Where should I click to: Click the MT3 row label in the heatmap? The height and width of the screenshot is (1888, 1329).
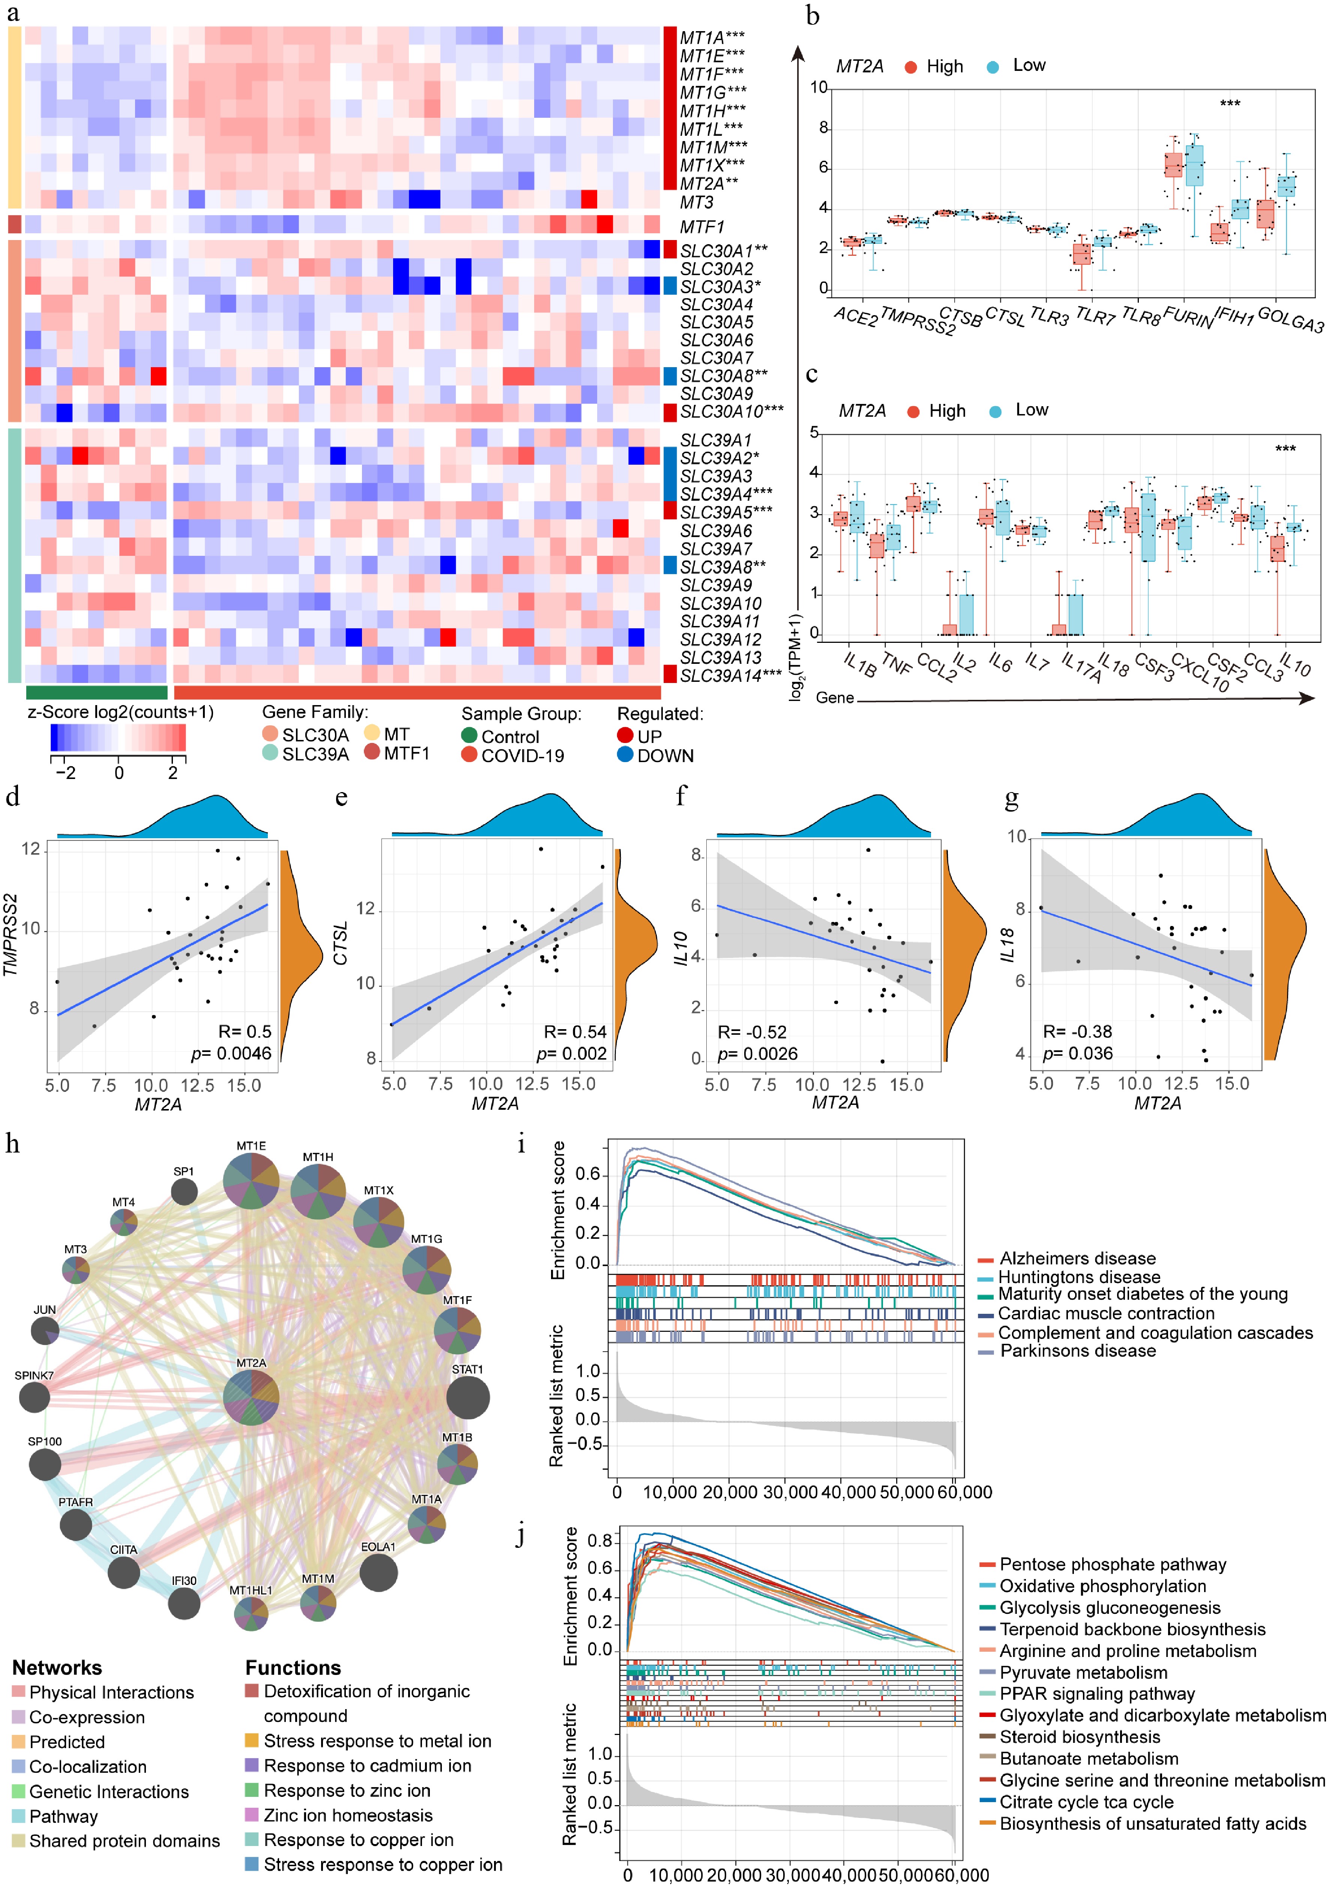(x=696, y=202)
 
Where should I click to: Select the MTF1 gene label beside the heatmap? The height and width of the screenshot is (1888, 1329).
(x=701, y=227)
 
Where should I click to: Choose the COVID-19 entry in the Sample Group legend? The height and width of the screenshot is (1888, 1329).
(x=522, y=756)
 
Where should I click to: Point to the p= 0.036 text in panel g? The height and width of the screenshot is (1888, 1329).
(x=1077, y=1054)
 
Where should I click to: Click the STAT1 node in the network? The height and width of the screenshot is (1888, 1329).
(x=468, y=1397)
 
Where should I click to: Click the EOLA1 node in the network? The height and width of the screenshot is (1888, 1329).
(x=378, y=1573)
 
